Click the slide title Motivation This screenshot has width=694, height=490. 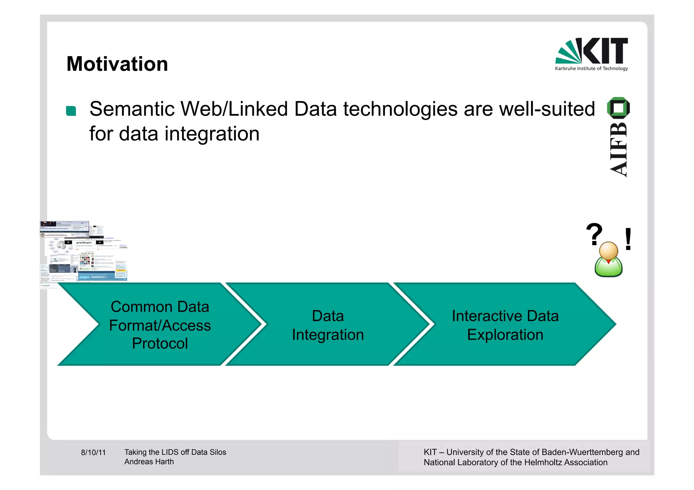(x=117, y=64)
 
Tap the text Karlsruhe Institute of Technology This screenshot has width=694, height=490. (x=591, y=68)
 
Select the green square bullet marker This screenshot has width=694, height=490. (x=71, y=111)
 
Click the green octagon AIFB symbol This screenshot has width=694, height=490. (x=618, y=108)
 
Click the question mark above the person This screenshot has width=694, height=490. (x=594, y=234)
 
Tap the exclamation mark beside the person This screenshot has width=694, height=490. (x=628, y=239)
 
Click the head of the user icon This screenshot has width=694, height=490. (x=609, y=251)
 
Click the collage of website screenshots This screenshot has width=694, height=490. (x=83, y=252)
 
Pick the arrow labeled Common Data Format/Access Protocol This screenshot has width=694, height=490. (x=160, y=324)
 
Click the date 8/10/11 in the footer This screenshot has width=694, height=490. (x=93, y=452)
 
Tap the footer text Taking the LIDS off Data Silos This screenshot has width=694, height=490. (x=175, y=452)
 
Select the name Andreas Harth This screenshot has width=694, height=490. (x=149, y=462)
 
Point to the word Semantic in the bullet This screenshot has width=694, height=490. (x=132, y=109)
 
